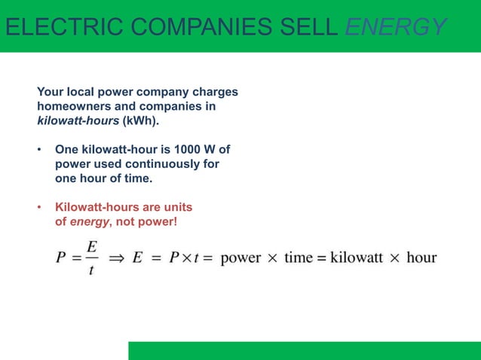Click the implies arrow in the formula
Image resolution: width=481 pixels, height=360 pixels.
[x=117, y=258]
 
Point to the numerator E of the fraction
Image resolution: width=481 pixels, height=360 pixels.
[x=91, y=246]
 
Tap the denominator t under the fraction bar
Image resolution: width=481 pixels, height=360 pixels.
[x=91, y=270]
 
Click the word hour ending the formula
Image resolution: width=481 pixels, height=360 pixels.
[x=421, y=258]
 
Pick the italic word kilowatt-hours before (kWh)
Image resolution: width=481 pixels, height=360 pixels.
[x=78, y=120]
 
